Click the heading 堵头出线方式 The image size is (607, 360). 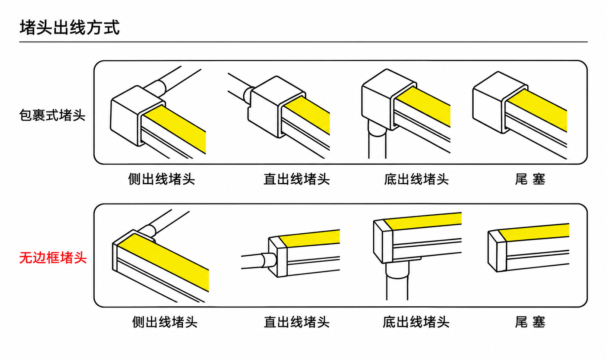coord(70,27)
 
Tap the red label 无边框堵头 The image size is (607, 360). coord(53,258)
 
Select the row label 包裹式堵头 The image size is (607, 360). coord(52,115)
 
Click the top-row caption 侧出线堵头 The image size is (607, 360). coord(161,179)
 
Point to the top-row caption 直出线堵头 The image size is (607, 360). coord(297,179)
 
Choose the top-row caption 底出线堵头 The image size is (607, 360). coord(416,179)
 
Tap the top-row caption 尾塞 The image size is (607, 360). coord(530,179)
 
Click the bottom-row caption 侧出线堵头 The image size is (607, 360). coord(165,322)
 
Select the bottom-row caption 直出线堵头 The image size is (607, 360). coord(297,322)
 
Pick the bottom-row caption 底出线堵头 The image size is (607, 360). coord(416,322)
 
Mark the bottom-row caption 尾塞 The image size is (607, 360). coord(530,322)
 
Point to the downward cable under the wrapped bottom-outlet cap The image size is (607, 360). coord(377,141)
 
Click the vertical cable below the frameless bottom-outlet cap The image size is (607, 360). coord(397,282)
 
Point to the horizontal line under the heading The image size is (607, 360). coord(303,42)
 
